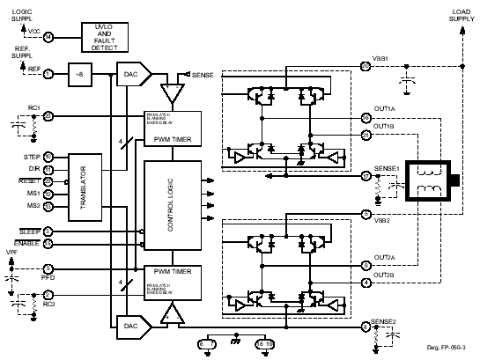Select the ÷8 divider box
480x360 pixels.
(82, 74)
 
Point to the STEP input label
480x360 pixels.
(31, 156)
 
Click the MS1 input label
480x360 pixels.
(33, 194)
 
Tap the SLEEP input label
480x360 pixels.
(28, 231)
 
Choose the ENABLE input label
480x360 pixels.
(26, 243)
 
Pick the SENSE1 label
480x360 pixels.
(387, 168)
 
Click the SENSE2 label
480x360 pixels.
(385, 322)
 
